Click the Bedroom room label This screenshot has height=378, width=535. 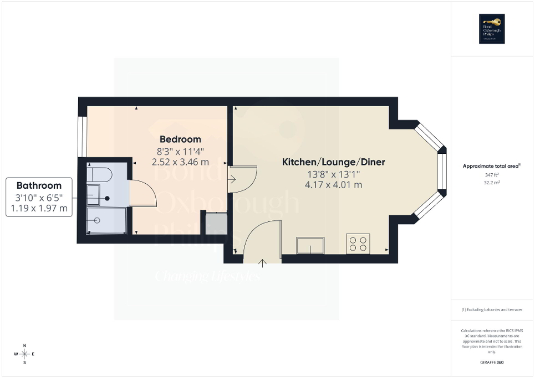click(x=180, y=139)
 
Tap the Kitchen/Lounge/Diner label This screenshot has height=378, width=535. click(x=334, y=162)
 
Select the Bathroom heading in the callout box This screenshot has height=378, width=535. click(x=39, y=185)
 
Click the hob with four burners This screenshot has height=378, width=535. click(x=358, y=244)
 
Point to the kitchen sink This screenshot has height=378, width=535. click(x=310, y=245)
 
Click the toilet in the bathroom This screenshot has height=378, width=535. click(x=100, y=175)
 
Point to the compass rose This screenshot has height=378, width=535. click(x=24, y=354)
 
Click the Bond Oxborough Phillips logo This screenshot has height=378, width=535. click(x=492, y=28)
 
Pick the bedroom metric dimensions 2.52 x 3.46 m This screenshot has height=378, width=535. click(x=180, y=162)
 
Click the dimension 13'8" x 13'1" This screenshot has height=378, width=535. click(x=333, y=174)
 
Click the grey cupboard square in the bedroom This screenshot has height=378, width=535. click(x=216, y=222)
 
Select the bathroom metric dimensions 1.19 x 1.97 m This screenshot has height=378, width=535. click(x=39, y=208)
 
